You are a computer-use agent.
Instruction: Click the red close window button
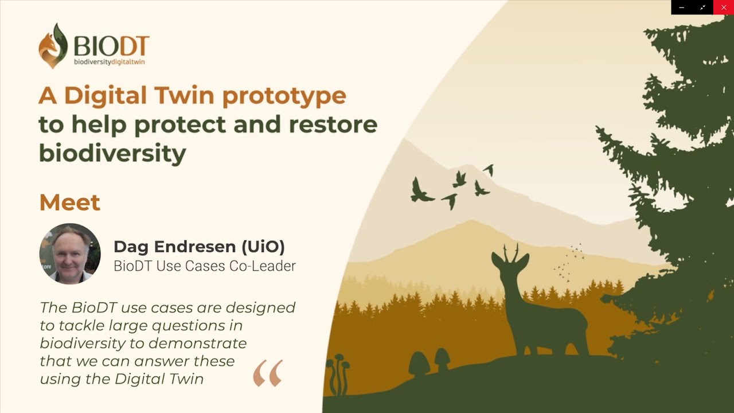click(x=724, y=7)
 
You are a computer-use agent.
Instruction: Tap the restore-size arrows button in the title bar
click(x=702, y=7)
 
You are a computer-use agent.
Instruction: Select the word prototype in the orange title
click(x=284, y=96)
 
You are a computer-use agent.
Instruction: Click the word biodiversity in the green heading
click(x=113, y=153)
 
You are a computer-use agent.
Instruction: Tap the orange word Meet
click(x=70, y=202)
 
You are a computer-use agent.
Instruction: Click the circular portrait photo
click(x=70, y=254)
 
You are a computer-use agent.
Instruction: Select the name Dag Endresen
click(x=175, y=247)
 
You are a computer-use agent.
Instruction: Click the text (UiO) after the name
click(x=263, y=247)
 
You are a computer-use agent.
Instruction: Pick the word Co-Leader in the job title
click(x=263, y=266)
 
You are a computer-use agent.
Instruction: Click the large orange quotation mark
click(x=268, y=373)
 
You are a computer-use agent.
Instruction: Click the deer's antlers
click(x=511, y=252)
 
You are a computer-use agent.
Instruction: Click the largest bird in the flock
click(x=420, y=192)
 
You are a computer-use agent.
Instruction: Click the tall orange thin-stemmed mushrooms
click(x=339, y=373)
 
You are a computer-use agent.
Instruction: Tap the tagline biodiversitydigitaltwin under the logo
click(x=109, y=62)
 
